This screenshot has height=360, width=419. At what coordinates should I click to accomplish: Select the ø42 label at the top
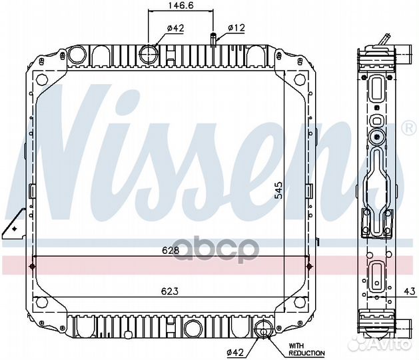click(x=157, y=28)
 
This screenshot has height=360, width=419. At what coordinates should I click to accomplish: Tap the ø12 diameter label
click(x=236, y=28)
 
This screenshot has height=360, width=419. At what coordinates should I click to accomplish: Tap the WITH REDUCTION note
click(x=306, y=349)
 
